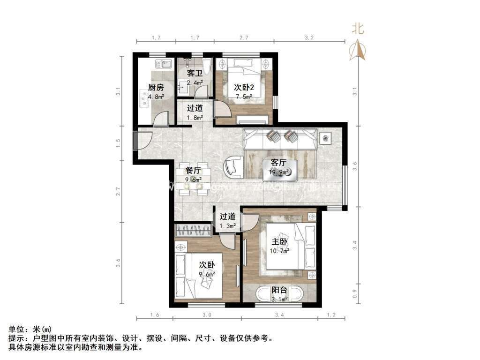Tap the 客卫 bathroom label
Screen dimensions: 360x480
[195, 74]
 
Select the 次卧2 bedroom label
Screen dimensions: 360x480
[244, 87]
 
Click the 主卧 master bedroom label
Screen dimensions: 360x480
[280, 241]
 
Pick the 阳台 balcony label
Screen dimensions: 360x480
[280, 290]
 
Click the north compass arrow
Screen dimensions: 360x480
[358, 50]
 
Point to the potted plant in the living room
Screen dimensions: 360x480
[326, 138]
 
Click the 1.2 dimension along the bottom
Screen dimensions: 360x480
[332, 315]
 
